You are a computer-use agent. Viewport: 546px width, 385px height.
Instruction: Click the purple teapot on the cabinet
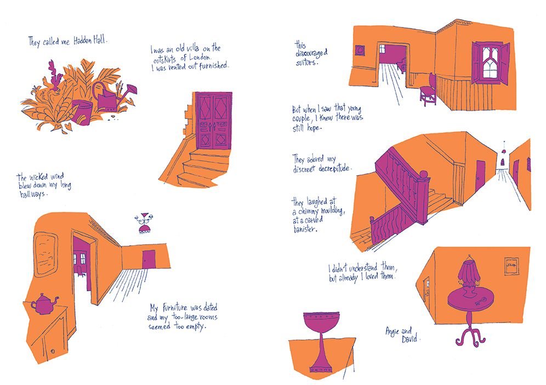click(x=44, y=304)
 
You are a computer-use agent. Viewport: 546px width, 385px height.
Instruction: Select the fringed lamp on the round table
click(x=471, y=276)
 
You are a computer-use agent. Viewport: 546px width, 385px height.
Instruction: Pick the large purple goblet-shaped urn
click(x=321, y=342)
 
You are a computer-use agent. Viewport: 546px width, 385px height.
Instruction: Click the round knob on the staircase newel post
click(x=424, y=174)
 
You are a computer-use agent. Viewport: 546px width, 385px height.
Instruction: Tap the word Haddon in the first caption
click(x=83, y=41)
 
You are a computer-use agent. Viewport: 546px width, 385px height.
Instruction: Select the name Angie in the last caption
click(x=393, y=331)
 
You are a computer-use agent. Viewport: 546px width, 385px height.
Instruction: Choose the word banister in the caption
click(x=305, y=229)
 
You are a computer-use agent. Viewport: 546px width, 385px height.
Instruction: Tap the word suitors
click(x=307, y=63)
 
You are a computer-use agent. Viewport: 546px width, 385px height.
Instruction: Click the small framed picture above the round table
click(x=511, y=267)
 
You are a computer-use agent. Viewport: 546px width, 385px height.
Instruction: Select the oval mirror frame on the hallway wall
click(x=46, y=254)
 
